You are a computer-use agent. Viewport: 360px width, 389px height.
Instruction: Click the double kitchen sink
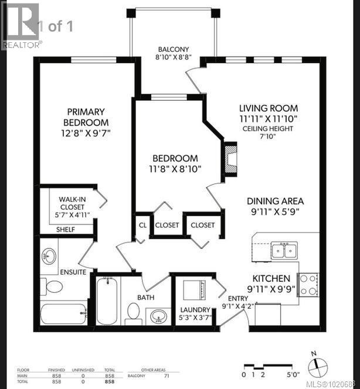click(x=283, y=251)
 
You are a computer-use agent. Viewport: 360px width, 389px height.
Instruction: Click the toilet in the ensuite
click(x=55, y=286)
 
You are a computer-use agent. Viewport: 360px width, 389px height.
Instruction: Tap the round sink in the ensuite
click(x=50, y=255)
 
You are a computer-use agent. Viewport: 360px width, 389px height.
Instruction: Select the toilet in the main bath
click(x=133, y=312)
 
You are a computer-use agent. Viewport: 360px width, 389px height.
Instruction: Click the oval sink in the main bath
click(x=157, y=317)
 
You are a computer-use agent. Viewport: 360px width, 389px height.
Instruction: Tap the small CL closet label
click(x=142, y=225)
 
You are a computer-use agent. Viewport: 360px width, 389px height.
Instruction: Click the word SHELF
click(x=66, y=229)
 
